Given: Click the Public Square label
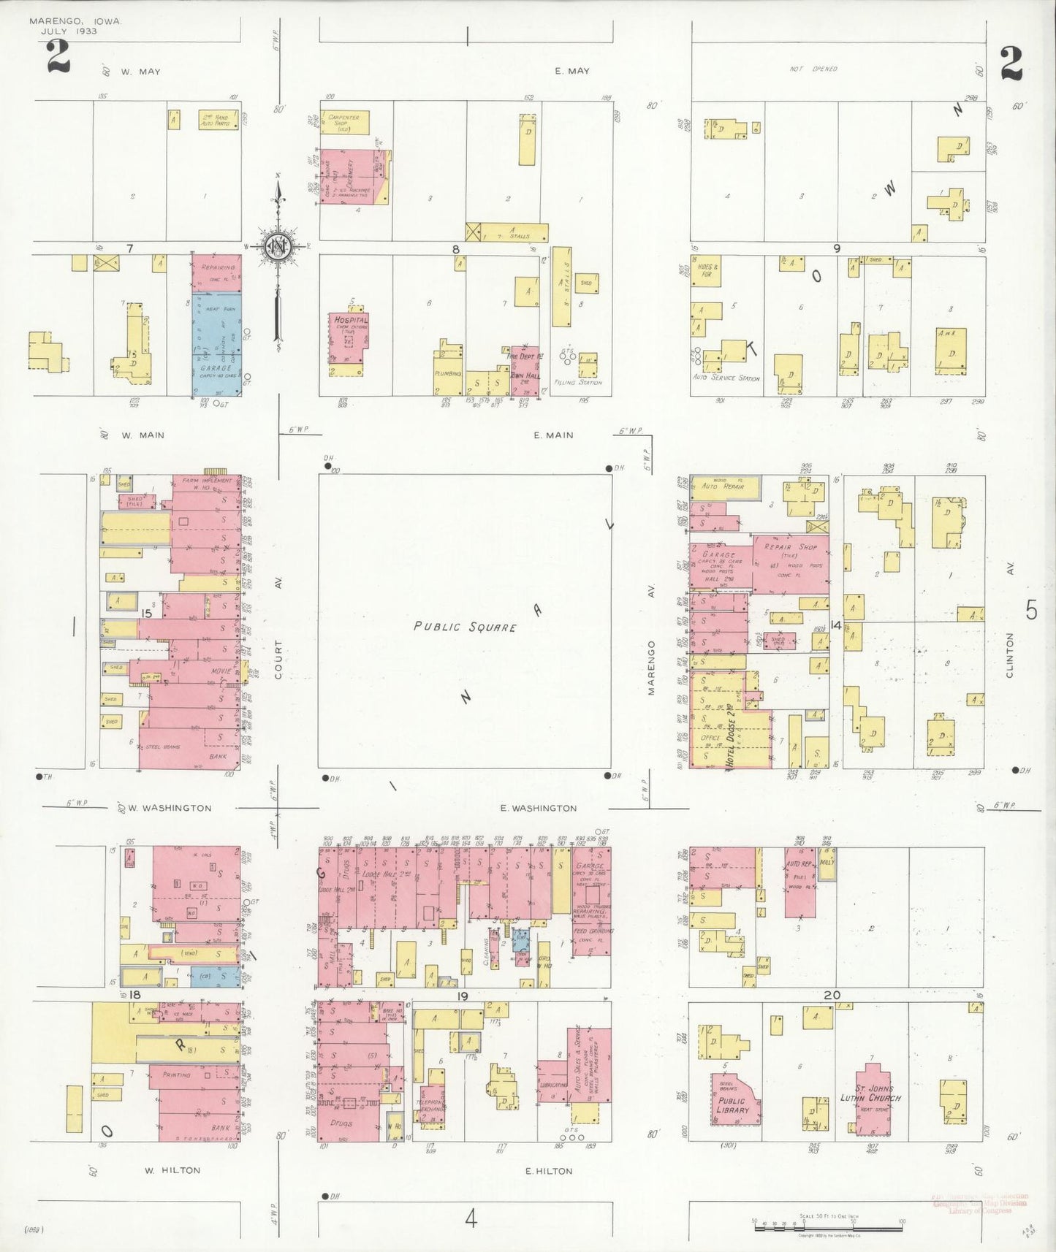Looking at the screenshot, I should pos(465,626).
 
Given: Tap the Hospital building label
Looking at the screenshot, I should pos(351,320).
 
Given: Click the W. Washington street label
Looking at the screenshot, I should pos(170,808).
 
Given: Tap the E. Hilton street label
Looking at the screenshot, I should pos(549,1170).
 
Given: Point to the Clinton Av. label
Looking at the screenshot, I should pos(1009,655).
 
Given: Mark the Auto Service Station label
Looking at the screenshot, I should pos(726,378).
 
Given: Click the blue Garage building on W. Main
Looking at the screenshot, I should pos(216,343).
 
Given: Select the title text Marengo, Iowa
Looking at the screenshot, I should pos(75,22).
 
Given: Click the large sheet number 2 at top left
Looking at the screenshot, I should pos(58,57).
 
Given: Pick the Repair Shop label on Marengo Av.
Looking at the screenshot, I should pos(791,546).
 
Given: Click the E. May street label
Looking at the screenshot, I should pos(571,71).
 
